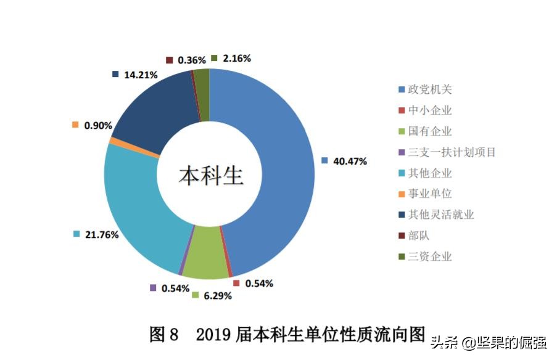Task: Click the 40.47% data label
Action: (x=350, y=162)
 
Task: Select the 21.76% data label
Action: (x=102, y=234)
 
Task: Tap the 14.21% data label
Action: (x=141, y=75)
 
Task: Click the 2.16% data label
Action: (x=237, y=59)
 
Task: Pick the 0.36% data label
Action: (x=192, y=60)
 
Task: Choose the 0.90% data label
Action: (x=98, y=125)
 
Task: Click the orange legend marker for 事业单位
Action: (x=402, y=194)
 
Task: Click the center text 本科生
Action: (x=212, y=176)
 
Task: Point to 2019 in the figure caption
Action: (x=213, y=335)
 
